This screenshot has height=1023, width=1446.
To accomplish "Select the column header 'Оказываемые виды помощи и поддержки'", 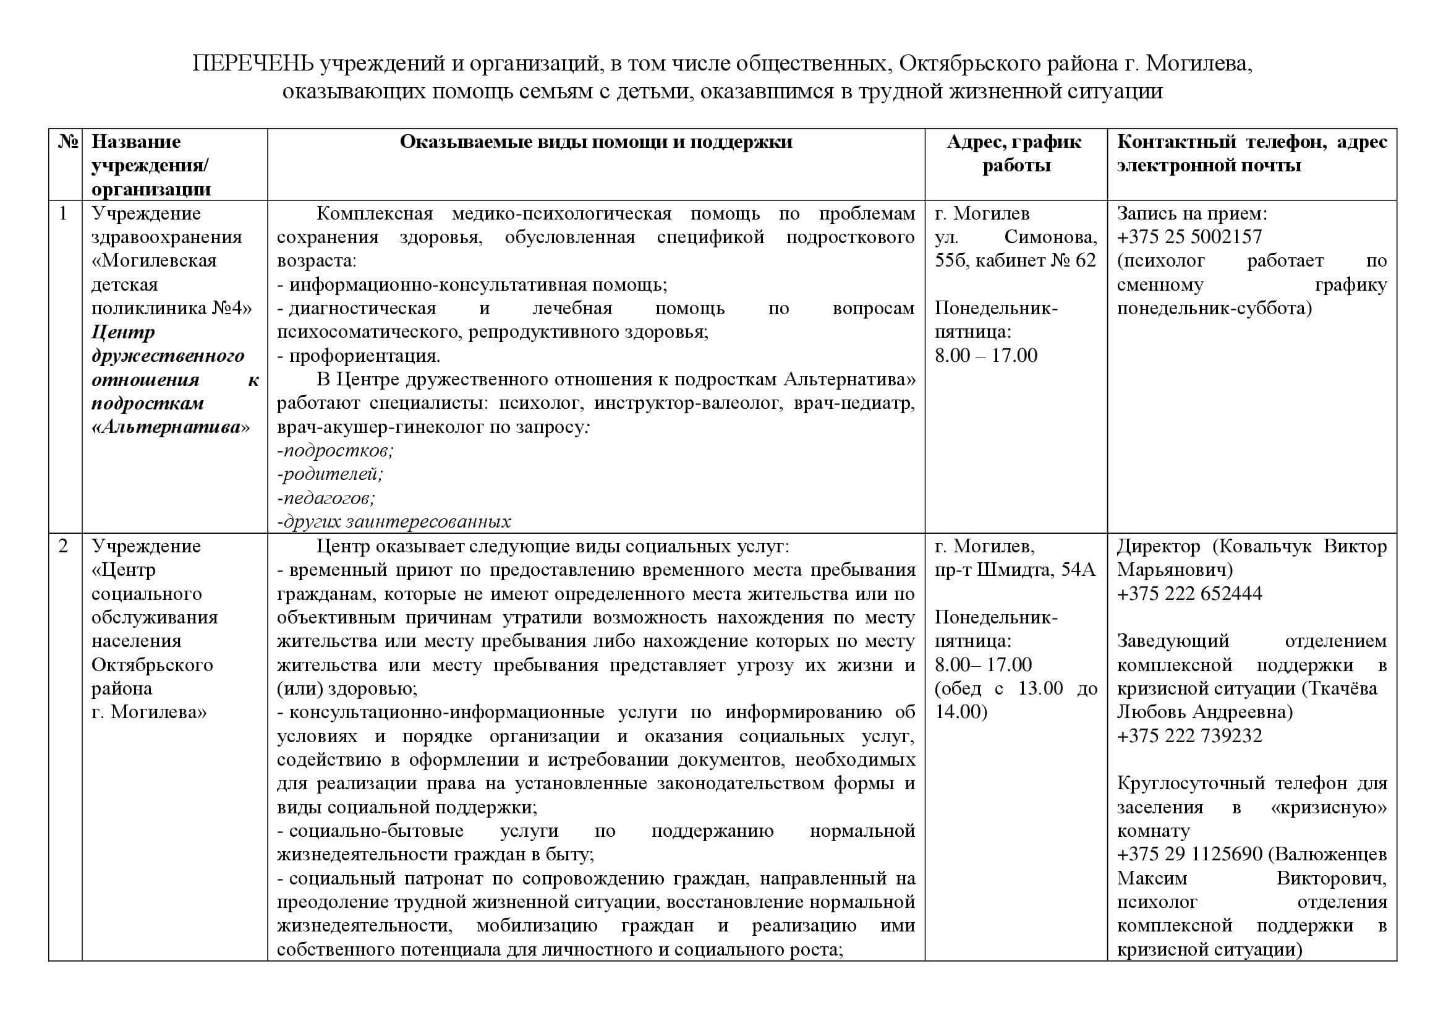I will [596, 142].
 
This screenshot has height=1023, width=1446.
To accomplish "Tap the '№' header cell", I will [66, 142].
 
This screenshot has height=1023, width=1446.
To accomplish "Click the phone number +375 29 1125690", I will [1189, 854].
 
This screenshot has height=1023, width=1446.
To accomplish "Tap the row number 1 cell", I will [64, 213].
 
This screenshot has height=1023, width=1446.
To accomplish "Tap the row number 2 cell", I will [64, 546].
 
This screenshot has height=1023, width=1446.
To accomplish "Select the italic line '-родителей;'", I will [330, 474].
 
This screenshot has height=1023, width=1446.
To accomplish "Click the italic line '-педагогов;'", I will [326, 499].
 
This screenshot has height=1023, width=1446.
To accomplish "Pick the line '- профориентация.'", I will [359, 356].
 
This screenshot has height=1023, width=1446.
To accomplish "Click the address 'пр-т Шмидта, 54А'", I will [1014, 570].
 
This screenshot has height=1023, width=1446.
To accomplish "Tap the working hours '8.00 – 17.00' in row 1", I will [985, 356].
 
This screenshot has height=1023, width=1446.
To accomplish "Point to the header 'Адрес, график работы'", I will [1015, 154].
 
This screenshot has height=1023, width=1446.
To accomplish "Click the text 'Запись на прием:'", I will [1191, 213].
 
